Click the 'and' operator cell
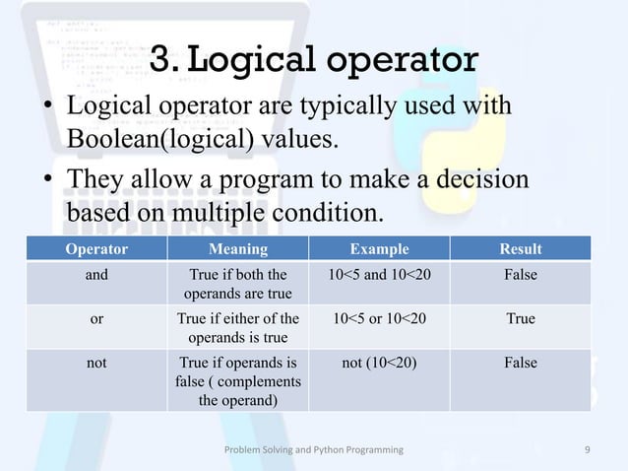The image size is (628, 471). (x=96, y=275)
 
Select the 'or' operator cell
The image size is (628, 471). (x=96, y=319)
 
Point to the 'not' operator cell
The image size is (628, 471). (x=96, y=363)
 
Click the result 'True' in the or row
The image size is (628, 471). (x=521, y=319)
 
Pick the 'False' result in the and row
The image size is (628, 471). (x=521, y=275)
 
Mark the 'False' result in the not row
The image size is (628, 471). (x=521, y=363)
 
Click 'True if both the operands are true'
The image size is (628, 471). (x=237, y=284)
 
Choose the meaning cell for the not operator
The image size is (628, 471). (x=237, y=381)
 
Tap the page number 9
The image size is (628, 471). (x=587, y=449)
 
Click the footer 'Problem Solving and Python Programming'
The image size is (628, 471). (x=313, y=449)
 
